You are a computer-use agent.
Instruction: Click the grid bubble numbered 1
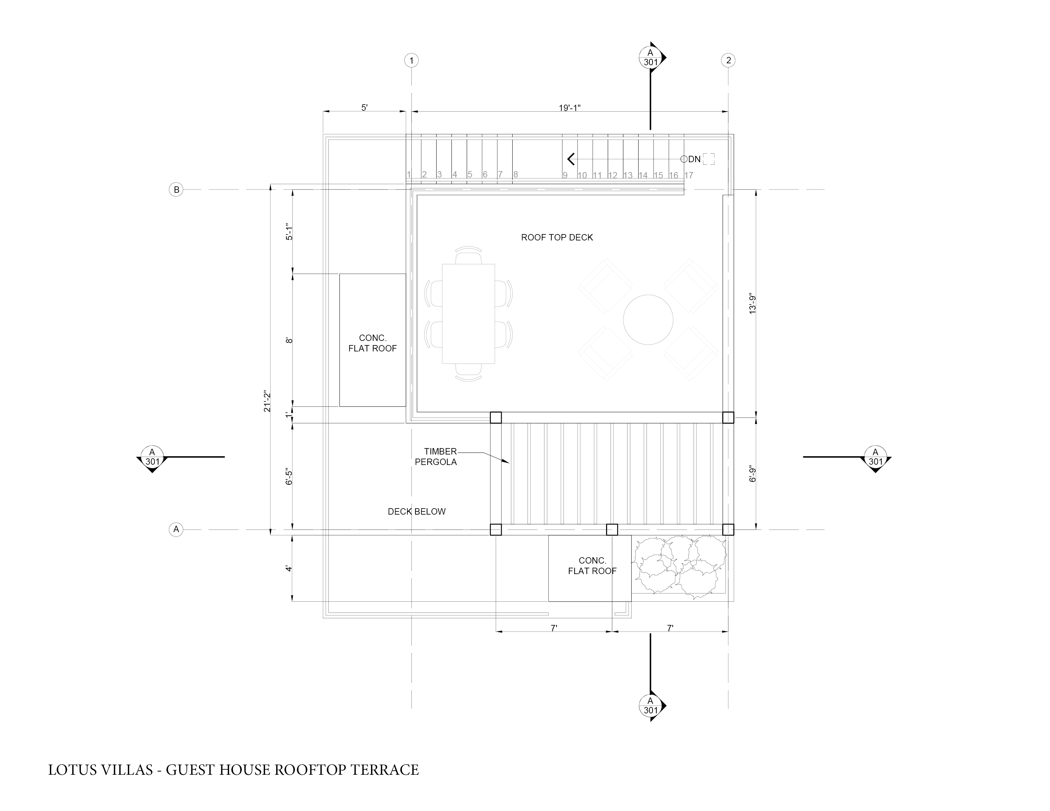(x=411, y=60)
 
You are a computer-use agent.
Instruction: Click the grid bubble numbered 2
(x=728, y=60)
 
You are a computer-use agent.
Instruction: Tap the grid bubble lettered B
(x=177, y=190)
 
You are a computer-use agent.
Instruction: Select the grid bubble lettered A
(x=177, y=530)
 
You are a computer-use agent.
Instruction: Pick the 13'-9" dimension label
(x=753, y=304)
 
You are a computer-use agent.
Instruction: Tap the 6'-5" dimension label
(x=289, y=476)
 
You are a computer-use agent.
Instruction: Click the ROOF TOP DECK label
(x=557, y=237)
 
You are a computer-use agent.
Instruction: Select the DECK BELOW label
(x=416, y=512)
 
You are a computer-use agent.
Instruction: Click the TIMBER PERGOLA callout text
(x=436, y=456)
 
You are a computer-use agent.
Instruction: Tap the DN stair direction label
(x=694, y=159)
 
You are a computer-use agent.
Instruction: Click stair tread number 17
(x=689, y=175)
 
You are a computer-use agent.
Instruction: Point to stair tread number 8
(x=515, y=174)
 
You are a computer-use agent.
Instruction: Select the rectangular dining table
(x=468, y=313)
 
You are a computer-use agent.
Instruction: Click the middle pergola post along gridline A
(x=612, y=530)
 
